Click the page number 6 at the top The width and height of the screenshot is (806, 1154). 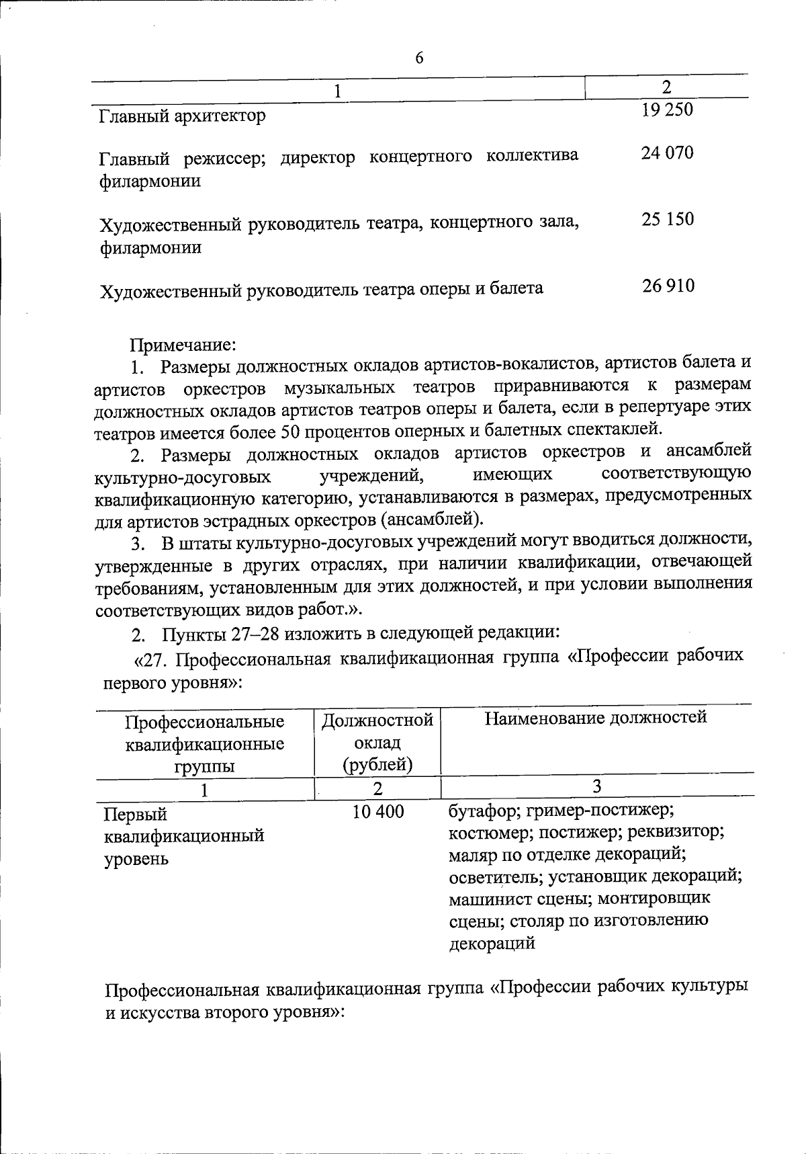(419, 58)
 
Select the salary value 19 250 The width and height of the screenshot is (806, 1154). (667, 110)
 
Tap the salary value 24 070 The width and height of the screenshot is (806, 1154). (667, 153)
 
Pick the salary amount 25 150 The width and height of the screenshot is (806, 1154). (667, 220)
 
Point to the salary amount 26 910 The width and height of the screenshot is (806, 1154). (667, 286)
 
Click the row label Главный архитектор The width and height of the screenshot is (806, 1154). (182, 116)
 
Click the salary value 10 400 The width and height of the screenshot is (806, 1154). (378, 812)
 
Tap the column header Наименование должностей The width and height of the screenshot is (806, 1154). (596, 718)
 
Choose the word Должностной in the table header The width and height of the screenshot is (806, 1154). (377, 721)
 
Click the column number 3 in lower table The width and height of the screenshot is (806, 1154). (596, 786)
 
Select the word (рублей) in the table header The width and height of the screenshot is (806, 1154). (377, 765)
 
